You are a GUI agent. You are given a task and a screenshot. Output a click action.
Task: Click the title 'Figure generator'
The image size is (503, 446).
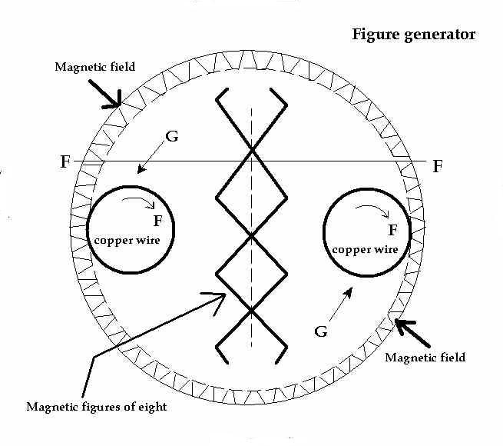tap(413, 35)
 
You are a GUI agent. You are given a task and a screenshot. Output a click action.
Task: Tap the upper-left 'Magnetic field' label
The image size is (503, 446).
tap(95, 67)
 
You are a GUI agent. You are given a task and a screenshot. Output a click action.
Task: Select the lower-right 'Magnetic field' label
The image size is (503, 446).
tap(425, 358)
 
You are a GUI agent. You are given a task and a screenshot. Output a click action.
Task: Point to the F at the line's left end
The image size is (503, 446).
tap(65, 163)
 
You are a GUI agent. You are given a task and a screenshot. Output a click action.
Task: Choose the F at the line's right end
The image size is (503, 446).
tap(437, 166)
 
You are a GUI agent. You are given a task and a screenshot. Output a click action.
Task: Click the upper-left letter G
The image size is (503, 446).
tap(172, 138)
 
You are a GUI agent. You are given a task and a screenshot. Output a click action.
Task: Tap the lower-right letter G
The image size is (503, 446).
tap(322, 331)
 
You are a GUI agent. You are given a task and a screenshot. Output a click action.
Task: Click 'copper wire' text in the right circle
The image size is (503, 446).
tap(365, 249)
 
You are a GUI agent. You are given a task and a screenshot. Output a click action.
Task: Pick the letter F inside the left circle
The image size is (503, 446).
tap(157, 222)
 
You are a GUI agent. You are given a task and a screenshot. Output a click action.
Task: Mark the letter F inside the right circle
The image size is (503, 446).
tap(392, 229)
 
